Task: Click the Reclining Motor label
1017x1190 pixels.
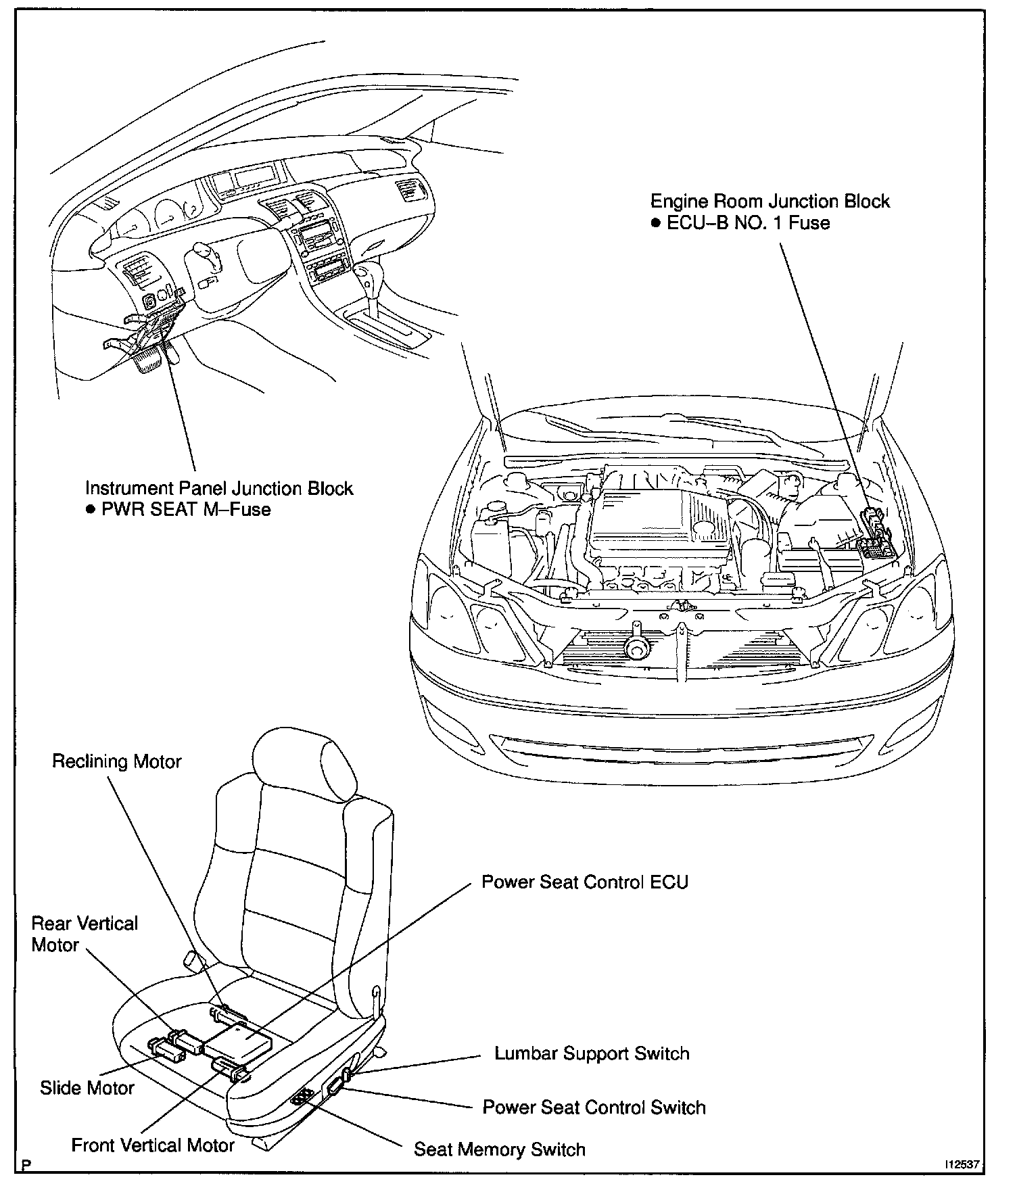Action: pyautogui.click(x=117, y=761)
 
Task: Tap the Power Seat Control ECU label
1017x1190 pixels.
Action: pyautogui.click(x=584, y=882)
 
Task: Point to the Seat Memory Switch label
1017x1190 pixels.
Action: pyautogui.click(x=499, y=1149)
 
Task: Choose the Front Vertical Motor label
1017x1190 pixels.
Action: pyautogui.click(x=153, y=1145)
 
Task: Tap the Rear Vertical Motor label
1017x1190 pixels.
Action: pyautogui.click(x=84, y=934)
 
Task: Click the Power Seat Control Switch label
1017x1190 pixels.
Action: pyautogui.click(x=594, y=1108)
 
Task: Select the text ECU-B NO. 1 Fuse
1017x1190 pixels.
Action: pyautogui.click(x=748, y=223)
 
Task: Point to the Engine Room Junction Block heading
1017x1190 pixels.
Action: pyautogui.click(x=770, y=201)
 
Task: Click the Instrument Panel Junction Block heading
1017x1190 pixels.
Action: pyautogui.click(x=219, y=488)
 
